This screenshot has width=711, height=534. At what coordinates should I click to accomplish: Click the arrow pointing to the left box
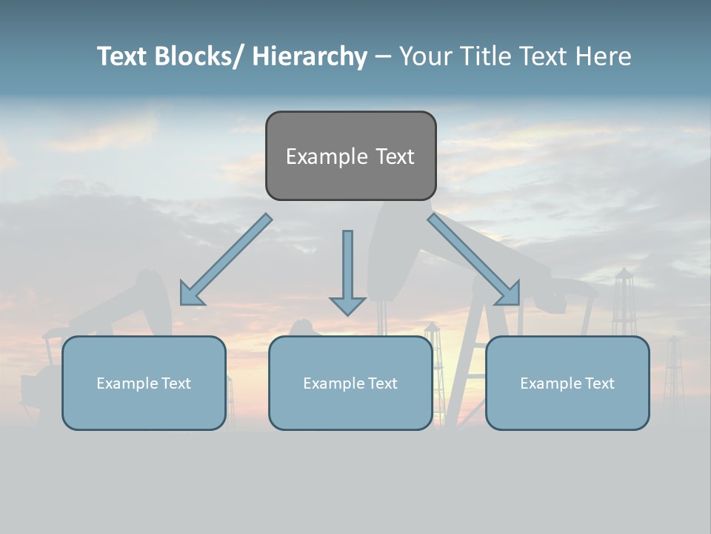click(226, 260)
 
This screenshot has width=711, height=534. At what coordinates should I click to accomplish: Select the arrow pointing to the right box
click(474, 260)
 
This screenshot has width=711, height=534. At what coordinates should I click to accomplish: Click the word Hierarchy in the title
click(310, 56)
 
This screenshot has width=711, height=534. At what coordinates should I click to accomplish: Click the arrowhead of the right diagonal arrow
click(509, 294)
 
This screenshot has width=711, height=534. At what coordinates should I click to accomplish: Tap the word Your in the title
click(425, 56)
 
